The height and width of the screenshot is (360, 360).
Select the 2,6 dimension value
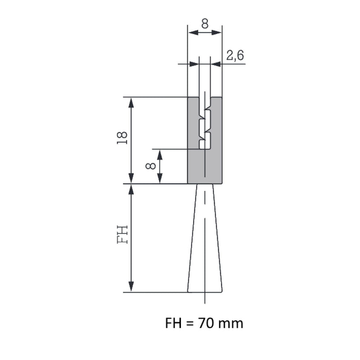234,55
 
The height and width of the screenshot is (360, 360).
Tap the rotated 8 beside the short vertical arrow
151,166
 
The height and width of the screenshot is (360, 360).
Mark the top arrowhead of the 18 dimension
131,102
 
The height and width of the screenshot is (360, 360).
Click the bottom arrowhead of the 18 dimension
131,179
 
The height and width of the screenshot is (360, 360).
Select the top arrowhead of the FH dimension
131,189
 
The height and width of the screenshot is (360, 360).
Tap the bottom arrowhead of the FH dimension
131,287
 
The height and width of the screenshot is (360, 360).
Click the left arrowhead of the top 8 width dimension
192,32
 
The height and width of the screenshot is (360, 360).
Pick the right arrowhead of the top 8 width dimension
217,32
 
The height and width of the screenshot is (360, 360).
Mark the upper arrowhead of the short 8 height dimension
159,153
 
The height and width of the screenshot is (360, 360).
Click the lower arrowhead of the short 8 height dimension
159,179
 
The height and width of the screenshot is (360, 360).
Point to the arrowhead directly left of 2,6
216,64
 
